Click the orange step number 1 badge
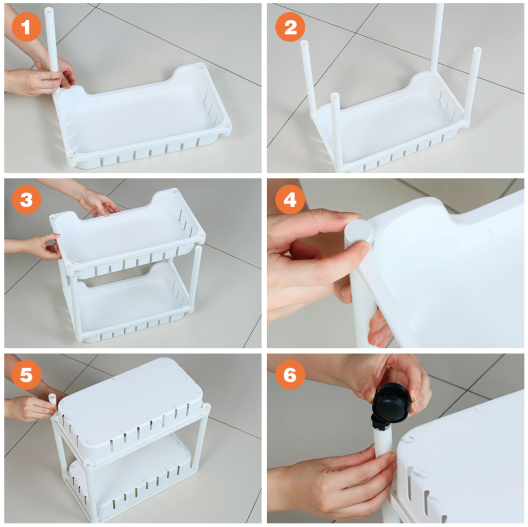coord(26,27)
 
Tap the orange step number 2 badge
coord(290,27)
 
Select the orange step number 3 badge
coord(26,199)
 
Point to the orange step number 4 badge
coord(290,199)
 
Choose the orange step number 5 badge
coord(26,375)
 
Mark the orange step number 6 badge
coord(290,375)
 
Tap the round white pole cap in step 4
coord(358,232)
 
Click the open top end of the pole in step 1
coord(49,9)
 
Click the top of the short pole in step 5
coord(52,396)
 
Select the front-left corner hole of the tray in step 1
coord(71,156)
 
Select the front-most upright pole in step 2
coord(336,131)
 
